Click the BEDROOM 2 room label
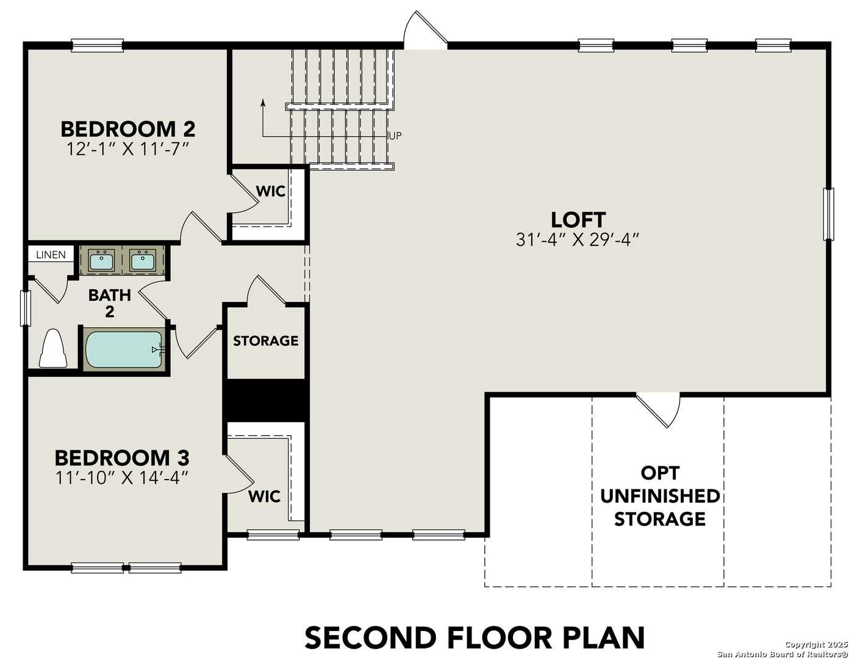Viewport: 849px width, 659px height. tap(127, 129)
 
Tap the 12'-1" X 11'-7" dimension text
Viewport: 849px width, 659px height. tap(127, 149)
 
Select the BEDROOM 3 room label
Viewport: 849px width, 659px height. tap(122, 457)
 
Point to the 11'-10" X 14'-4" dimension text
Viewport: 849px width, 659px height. tap(121, 477)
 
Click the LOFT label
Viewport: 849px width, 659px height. tap(578, 219)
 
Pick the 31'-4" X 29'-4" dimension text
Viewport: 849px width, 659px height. tap(577, 240)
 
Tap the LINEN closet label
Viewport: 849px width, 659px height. tap(51, 254)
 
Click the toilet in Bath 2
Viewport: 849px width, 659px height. tap(53, 350)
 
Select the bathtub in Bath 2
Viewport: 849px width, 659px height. tap(124, 349)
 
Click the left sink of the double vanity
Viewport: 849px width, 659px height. tap(101, 261)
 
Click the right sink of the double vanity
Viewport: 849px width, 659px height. tap(143, 261)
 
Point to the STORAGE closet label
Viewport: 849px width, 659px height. tap(265, 340)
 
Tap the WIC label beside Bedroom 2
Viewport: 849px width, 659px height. tap(270, 191)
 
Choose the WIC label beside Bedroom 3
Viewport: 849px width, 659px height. tap(264, 496)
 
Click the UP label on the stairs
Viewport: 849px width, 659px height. tap(395, 135)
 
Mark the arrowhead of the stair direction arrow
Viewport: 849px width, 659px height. tap(263, 102)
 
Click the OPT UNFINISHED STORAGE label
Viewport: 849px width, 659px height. tap(659, 495)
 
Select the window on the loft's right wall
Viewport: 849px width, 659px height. tap(828, 214)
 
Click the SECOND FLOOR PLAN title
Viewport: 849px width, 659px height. tap(475, 638)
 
